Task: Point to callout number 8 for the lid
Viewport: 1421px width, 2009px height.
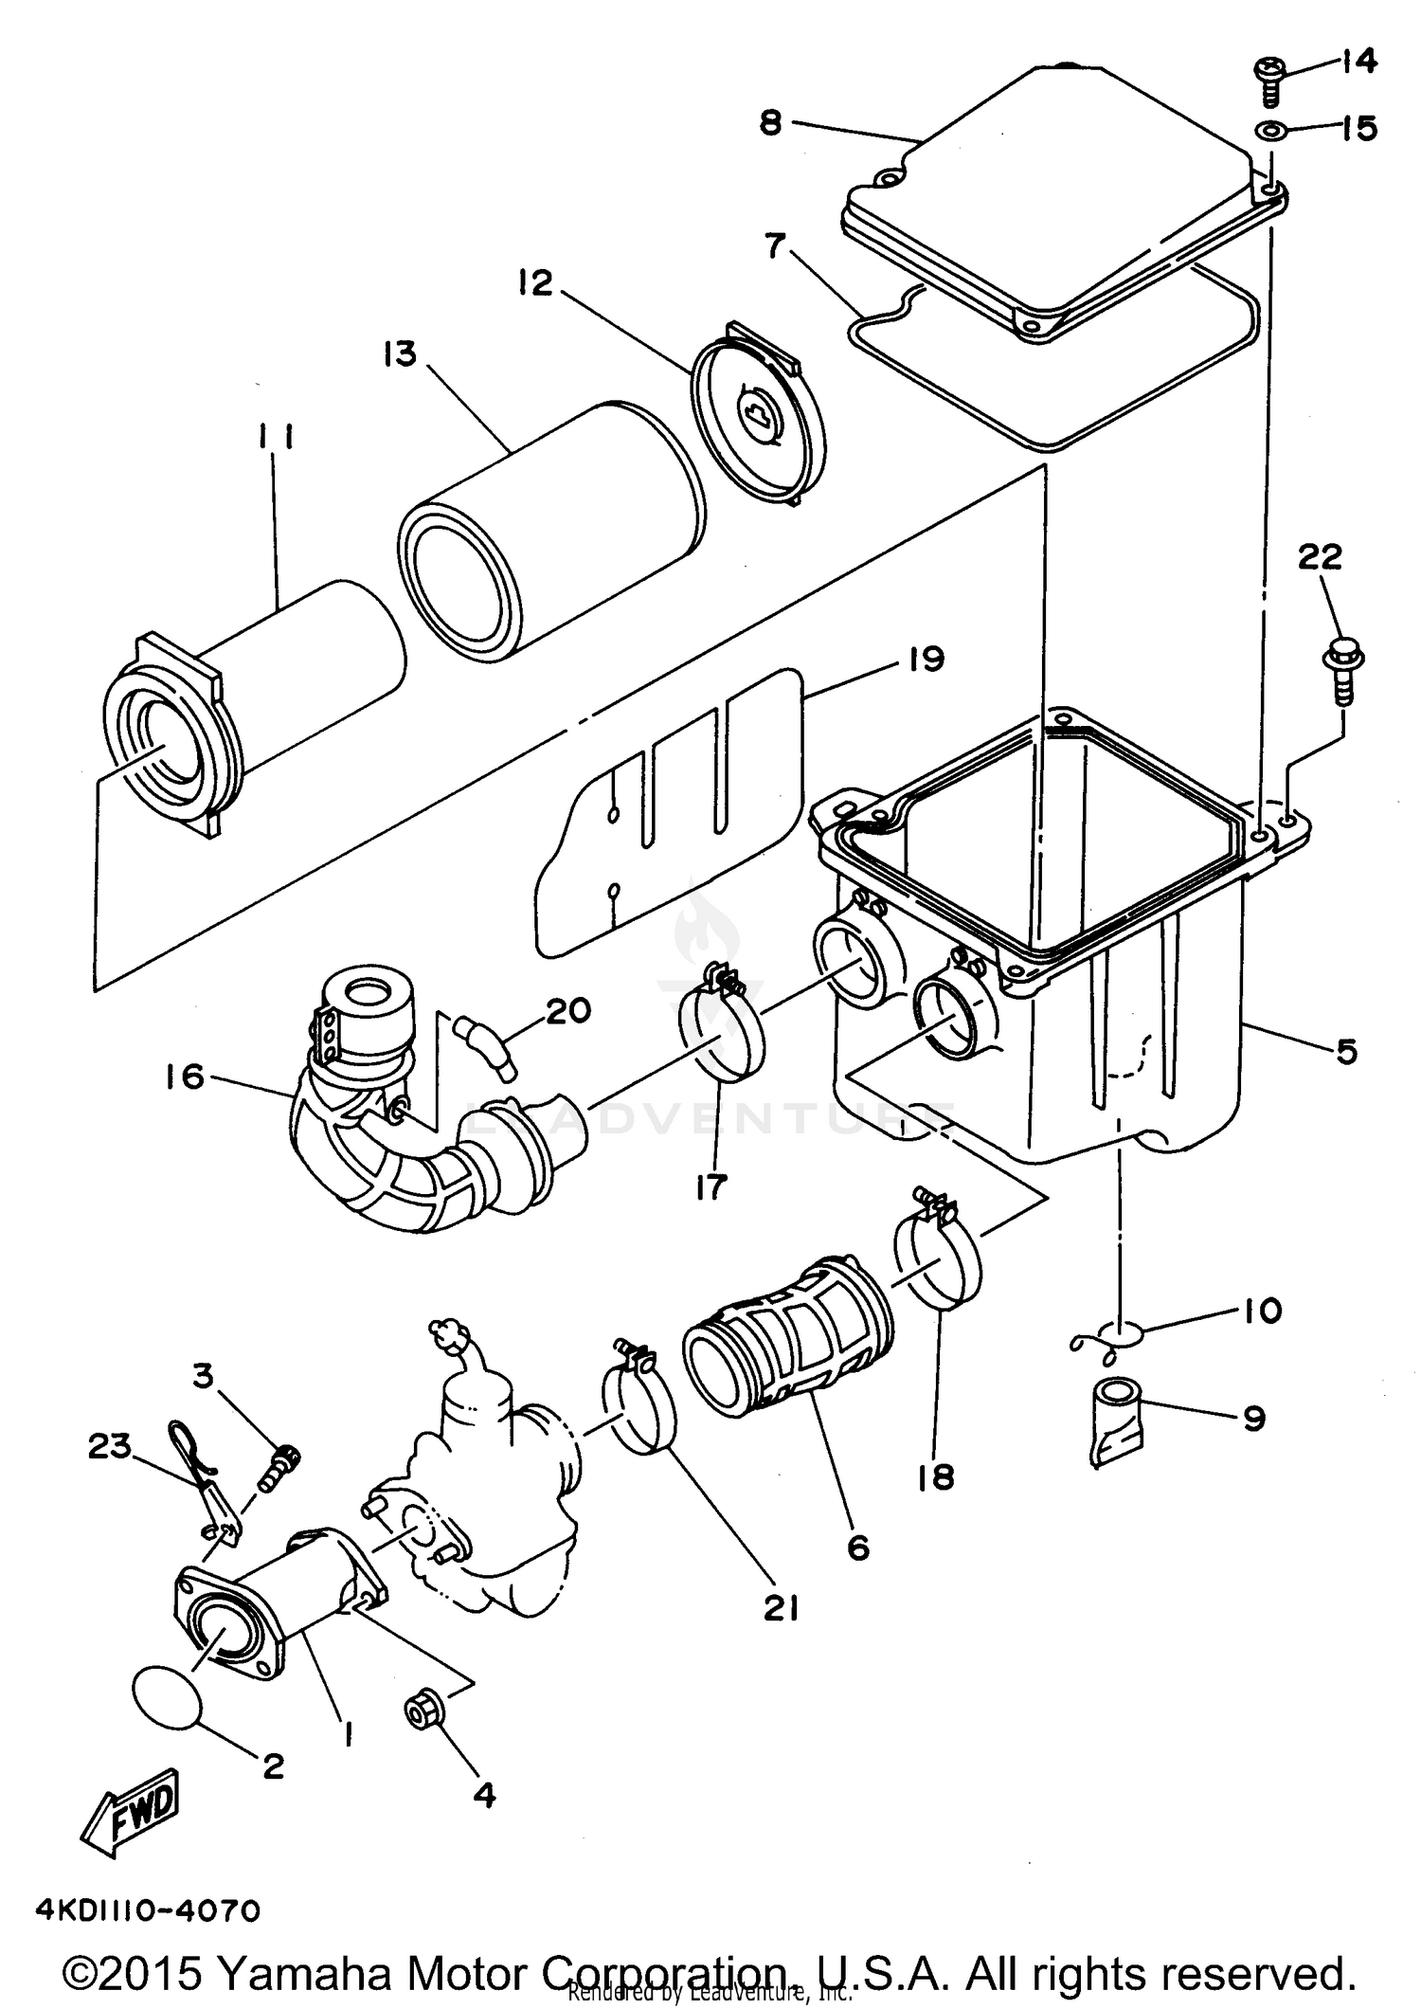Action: click(x=771, y=122)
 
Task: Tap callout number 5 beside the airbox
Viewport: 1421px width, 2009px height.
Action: click(x=1346, y=1051)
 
